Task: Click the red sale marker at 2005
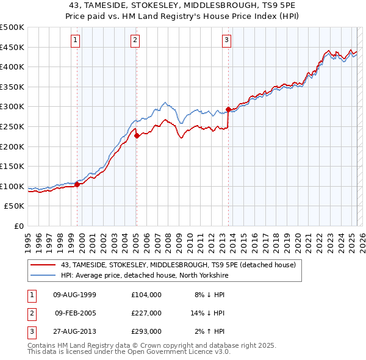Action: tap(137, 136)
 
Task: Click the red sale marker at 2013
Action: tap(229, 110)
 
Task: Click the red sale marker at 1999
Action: tap(77, 184)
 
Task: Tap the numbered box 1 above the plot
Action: tap(75, 41)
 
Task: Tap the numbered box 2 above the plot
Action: tap(134, 41)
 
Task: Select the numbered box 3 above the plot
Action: tap(226, 41)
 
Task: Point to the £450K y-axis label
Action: tap(12, 47)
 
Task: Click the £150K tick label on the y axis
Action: tap(12, 167)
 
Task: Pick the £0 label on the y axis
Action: tap(20, 226)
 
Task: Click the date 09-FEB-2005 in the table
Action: tap(76, 313)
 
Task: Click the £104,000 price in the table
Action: tap(146, 295)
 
